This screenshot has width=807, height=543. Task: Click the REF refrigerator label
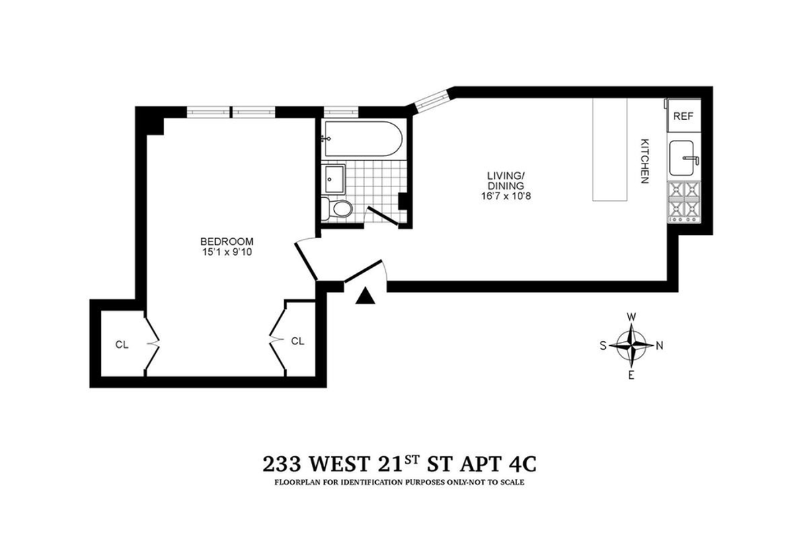click(x=683, y=116)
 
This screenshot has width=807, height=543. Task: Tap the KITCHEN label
click(x=644, y=161)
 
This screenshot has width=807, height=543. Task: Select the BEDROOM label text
click(x=227, y=242)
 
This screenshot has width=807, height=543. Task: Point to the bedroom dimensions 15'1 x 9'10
click(x=227, y=252)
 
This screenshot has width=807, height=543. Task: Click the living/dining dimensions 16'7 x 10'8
click(x=506, y=196)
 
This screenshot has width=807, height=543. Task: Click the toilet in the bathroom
click(x=340, y=209)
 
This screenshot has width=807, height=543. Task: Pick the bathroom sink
click(x=334, y=178)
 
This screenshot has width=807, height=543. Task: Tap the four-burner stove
click(x=684, y=203)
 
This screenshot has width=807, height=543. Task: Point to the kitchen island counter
click(x=609, y=149)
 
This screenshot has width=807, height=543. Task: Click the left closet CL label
click(x=121, y=345)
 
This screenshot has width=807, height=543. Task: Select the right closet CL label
click(x=298, y=341)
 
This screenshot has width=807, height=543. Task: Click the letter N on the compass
click(x=660, y=346)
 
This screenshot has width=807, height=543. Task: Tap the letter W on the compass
click(x=631, y=316)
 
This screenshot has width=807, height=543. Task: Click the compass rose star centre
click(x=631, y=345)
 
